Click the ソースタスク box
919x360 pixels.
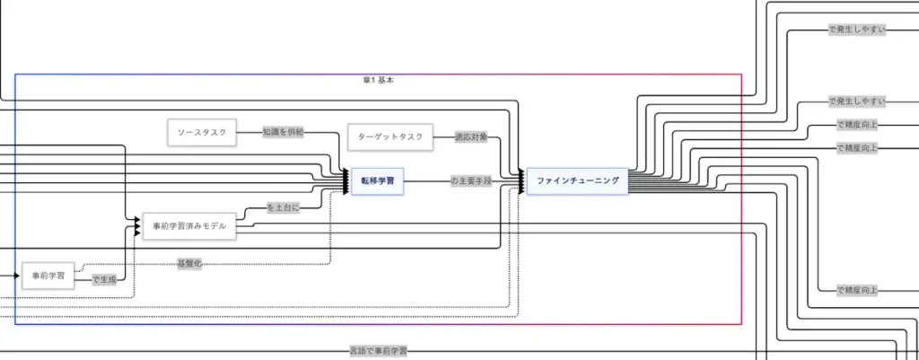tap(201, 133)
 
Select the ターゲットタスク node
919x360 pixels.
tap(390, 137)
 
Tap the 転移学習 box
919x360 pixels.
tap(376, 182)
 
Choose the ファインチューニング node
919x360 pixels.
tap(577, 181)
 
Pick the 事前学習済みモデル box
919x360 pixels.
tap(189, 226)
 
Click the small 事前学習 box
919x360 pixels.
tap(48, 276)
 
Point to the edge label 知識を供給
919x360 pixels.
tap(283, 132)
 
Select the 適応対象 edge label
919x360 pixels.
tap(470, 137)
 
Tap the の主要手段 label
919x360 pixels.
tap(472, 181)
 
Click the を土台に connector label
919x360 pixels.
tap(284, 207)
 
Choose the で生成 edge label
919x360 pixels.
tap(104, 279)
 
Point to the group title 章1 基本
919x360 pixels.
tap(378, 80)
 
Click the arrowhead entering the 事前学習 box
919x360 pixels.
tap(16, 276)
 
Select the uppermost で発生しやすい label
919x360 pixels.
tap(856, 30)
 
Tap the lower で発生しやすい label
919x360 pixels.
tap(856, 101)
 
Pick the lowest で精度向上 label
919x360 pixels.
tap(856, 291)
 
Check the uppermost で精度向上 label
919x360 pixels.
tap(856, 125)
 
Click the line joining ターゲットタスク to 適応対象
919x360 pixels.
tap(443, 137)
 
